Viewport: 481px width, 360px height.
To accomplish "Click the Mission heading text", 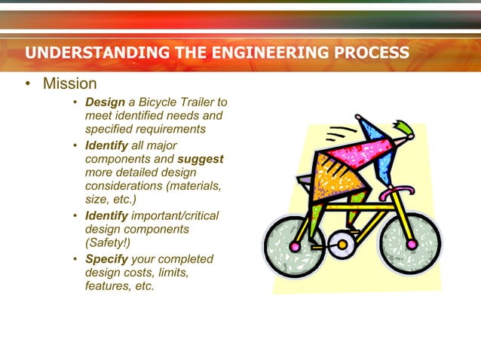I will pyautogui.click(x=69, y=84).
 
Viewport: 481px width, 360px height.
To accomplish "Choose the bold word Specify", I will pyautogui.click(x=106, y=259).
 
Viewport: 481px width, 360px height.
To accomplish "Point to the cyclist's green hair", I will pyautogui.click(x=401, y=129).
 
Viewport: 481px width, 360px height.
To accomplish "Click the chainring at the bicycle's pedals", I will pyautogui.click(x=342, y=243).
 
